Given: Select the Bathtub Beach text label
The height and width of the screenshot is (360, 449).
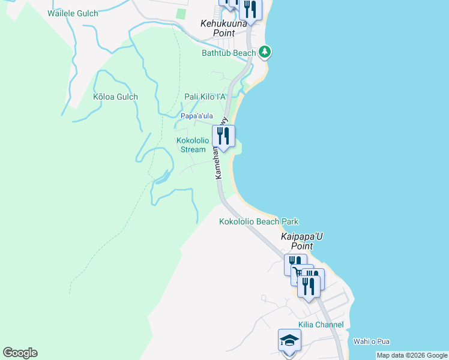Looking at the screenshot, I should [229, 53].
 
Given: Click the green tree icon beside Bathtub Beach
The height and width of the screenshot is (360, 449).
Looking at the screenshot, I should [265, 52].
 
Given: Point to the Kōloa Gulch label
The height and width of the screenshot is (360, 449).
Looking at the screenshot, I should [115, 97].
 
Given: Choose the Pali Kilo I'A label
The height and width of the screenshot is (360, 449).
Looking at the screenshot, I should [205, 97].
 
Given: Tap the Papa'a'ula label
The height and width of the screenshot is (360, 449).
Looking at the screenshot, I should [197, 116].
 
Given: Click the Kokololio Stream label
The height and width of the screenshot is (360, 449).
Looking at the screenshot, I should [193, 145].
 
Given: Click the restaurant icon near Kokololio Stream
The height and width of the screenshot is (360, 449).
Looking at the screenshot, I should [223, 136].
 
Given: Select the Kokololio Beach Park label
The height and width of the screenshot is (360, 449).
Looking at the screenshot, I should [259, 221].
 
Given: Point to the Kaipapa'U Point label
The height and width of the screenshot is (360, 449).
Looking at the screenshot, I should [302, 241].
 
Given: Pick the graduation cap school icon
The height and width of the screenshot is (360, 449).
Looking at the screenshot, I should [289, 341].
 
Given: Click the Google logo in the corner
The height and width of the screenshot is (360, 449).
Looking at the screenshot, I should [20, 353].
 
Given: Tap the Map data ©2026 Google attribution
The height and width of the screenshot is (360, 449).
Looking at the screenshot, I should [412, 355].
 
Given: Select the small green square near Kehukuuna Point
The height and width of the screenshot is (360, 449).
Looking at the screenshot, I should [181, 13].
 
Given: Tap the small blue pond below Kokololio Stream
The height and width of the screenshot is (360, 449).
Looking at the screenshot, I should [161, 177].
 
